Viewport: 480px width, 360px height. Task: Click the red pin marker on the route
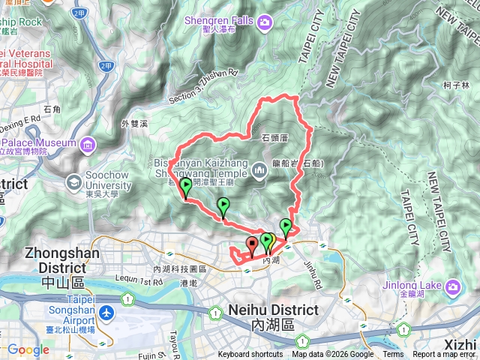(x=251, y=244)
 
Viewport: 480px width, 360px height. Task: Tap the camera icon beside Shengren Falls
(x=264, y=23)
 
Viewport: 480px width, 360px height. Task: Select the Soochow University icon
(x=74, y=182)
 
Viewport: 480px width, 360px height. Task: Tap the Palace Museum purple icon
(x=88, y=143)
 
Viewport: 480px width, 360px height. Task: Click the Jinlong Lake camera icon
(x=454, y=287)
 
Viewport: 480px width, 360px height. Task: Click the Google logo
(x=28, y=349)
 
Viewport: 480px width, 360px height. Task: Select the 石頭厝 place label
(x=275, y=138)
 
